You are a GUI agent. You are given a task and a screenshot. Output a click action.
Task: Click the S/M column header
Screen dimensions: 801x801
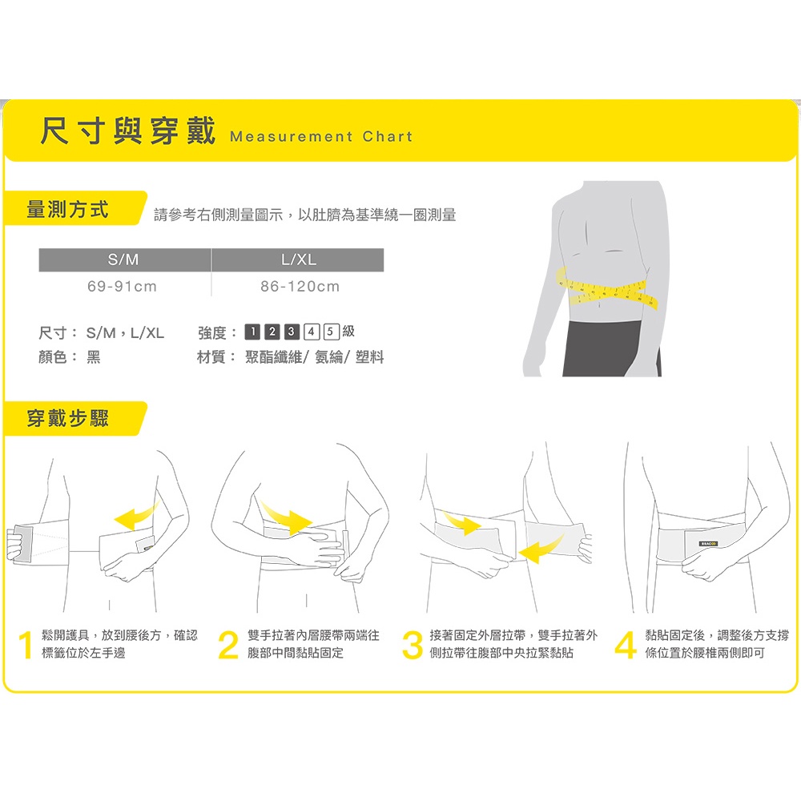[123, 260]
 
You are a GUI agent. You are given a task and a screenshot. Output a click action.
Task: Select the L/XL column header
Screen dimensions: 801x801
[298, 260]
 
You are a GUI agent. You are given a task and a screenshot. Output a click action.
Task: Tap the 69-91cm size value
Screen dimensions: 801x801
[122, 287]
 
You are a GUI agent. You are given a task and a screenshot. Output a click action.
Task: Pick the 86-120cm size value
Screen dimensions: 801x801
[300, 287]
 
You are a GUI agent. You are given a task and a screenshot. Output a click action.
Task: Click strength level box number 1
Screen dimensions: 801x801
[252, 332]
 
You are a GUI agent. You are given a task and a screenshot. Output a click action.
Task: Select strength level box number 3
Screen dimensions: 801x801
[292, 332]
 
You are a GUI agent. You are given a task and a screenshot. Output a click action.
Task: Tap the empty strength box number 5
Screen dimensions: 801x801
[332, 332]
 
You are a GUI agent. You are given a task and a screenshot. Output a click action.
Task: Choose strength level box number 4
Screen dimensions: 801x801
[312, 332]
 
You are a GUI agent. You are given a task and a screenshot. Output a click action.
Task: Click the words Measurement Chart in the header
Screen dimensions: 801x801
[321, 137]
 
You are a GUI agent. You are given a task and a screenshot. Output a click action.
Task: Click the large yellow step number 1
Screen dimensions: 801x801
[26, 645]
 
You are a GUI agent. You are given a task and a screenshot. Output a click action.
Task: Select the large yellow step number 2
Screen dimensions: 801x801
[228, 645]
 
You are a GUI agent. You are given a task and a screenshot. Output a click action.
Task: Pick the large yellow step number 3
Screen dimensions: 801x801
[413, 645]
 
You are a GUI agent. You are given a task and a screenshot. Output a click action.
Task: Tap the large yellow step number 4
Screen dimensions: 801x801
[626, 645]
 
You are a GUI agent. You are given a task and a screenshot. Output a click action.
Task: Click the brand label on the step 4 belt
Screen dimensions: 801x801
[709, 544]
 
